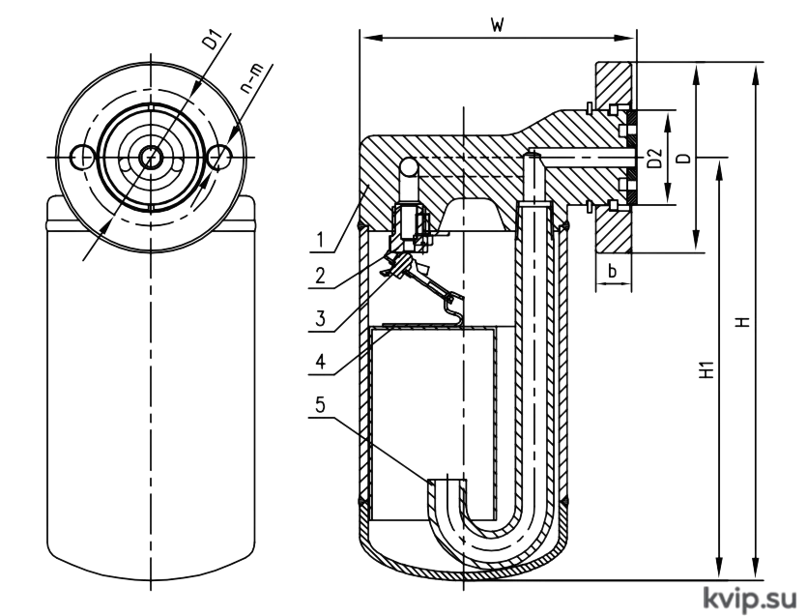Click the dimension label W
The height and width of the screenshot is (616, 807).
[497, 25]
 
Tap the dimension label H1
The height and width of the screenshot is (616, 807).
[708, 369]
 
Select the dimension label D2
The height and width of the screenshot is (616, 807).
[654, 159]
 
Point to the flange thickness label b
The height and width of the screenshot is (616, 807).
[613, 270]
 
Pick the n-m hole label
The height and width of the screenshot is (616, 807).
[251, 79]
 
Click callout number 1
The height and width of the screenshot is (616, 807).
[320, 240]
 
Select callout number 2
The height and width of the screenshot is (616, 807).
[320, 276]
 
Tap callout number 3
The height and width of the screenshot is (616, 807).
[321, 319]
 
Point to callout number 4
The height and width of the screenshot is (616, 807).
[320, 362]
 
